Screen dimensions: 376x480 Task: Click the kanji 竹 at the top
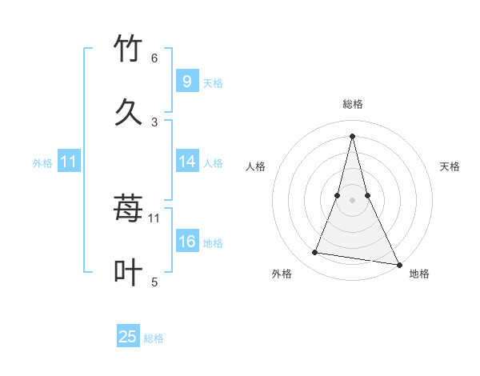129,49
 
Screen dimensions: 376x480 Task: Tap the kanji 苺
129,210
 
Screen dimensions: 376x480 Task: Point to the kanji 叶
129,273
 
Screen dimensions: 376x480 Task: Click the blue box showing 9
186,82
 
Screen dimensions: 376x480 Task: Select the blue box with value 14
186,162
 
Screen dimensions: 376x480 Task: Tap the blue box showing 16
186,242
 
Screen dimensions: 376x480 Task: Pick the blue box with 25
128,338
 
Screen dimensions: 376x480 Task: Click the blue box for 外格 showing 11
68,162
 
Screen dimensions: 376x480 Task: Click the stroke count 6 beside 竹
154,58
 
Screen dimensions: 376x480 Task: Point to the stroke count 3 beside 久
154,122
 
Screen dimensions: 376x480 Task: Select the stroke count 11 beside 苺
154,218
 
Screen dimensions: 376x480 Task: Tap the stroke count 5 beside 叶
154,282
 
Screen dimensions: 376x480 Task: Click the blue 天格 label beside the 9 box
212,82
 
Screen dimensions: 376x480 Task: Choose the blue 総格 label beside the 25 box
154,338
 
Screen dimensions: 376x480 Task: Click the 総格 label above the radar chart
352,105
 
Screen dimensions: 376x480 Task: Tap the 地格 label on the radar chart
419,274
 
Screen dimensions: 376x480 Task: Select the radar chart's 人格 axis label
256,167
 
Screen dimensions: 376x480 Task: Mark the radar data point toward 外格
315,253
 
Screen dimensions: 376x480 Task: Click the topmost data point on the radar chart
352,135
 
